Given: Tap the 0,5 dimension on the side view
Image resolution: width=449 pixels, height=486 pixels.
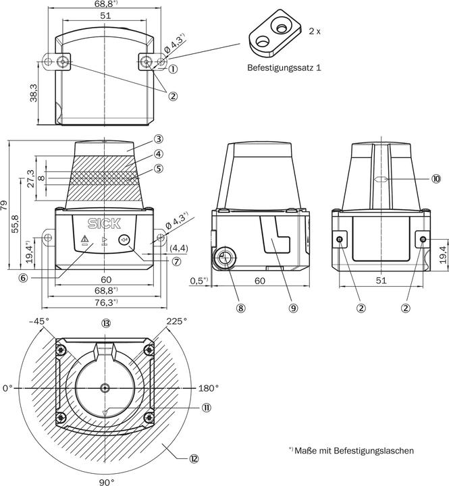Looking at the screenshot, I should pyautogui.click(x=198, y=279).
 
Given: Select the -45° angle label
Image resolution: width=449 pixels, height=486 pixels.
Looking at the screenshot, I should pyautogui.click(x=40, y=321).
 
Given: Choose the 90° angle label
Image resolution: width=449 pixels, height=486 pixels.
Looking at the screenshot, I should pyautogui.click(x=107, y=482).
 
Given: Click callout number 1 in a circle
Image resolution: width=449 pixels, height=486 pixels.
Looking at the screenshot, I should pyautogui.click(x=173, y=68).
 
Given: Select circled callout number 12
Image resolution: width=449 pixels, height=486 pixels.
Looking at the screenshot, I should pyautogui.click(x=194, y=459).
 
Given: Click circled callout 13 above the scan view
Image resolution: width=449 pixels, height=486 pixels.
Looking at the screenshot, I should pyautogui.click(x=106, y=322).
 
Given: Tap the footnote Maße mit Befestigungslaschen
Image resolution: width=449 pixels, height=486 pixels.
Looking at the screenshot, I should pyautogui.click(x=351, y=450).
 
